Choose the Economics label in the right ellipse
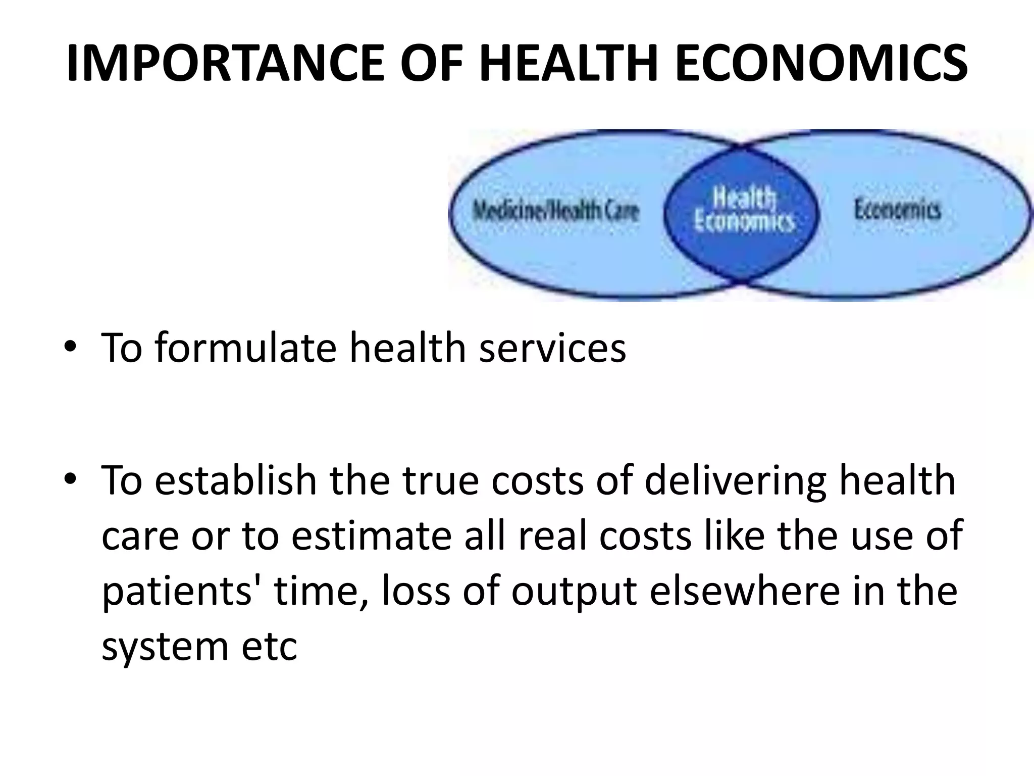click(897, 209)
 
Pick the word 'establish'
click(235, 480)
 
